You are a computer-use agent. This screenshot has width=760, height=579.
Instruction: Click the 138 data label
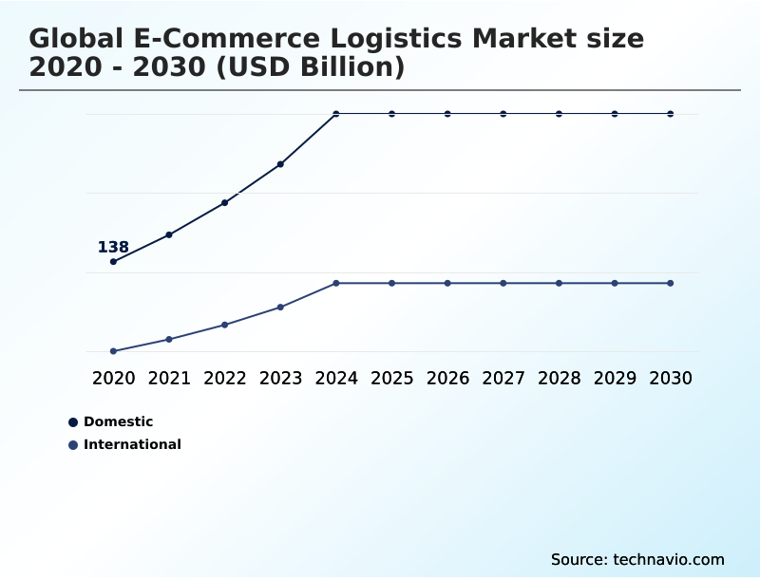pos(113,248)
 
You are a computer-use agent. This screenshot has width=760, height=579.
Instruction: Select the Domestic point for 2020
pos(113,261)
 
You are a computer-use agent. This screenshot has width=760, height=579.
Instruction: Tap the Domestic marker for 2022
pos(225,202)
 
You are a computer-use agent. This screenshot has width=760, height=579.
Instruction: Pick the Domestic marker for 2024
pos(336,114)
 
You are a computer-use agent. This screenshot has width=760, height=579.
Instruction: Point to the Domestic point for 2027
pos(503,114)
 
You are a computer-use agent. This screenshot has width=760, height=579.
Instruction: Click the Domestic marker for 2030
pos(671,114)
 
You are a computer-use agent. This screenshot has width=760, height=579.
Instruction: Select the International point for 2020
pos(113,351)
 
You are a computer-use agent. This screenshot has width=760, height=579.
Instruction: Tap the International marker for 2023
pos(280,307)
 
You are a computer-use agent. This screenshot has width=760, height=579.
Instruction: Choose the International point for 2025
pos(391,283)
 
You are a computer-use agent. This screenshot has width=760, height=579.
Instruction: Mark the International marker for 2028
pos(559,283)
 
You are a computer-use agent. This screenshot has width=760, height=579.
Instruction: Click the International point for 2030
pos(671,283)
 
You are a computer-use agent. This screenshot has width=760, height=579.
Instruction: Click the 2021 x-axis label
pos(169,379)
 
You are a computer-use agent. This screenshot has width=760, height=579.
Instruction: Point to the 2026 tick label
pos(447,379)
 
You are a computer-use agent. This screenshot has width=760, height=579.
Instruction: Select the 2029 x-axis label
pos(615,379)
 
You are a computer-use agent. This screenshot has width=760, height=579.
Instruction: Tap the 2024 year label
pos(336,379)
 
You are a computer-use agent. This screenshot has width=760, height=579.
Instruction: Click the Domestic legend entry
pos(118,421)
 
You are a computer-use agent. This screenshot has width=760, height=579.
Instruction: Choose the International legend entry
pos(132,444)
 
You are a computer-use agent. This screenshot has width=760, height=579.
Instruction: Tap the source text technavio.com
pos(670,559)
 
